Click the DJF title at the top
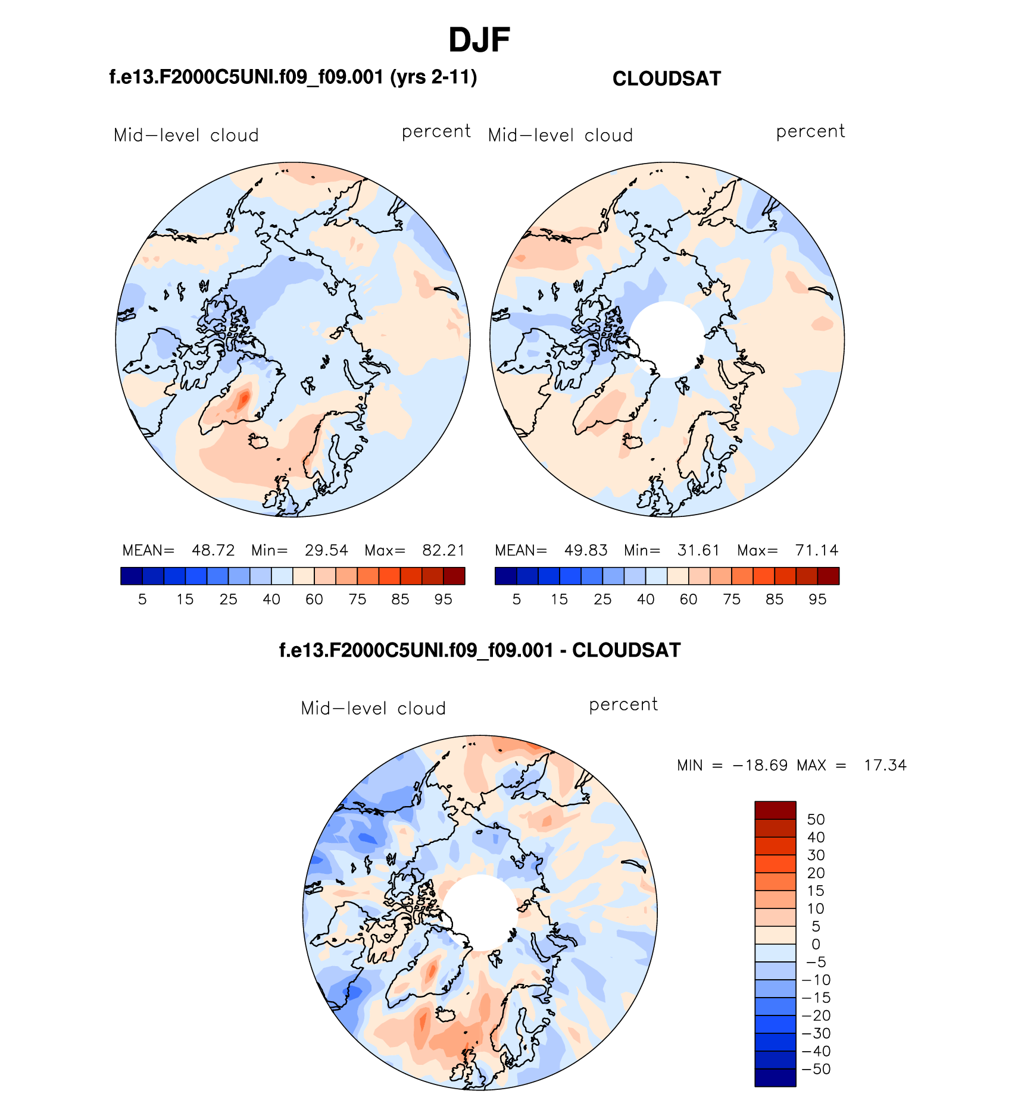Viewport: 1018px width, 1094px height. tap(479, 40)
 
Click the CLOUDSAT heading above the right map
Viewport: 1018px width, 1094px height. tap(666, 79)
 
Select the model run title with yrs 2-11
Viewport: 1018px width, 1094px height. tap(293, 77)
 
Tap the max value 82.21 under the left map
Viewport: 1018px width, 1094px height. tap(444, 550)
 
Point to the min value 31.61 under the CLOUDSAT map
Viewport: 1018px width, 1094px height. tap(698, 550)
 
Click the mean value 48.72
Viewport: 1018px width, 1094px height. tap(213, 550)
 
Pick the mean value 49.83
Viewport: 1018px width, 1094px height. tap(586, 550)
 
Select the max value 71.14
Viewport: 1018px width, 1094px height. tap(816, 550)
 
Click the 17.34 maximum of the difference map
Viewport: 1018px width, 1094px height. tap(885, 766)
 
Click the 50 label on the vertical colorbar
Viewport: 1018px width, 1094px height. tap(816, 820)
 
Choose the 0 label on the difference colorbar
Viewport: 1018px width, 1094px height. tap(816, 944)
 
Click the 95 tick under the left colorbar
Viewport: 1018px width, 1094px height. tap(444, 600)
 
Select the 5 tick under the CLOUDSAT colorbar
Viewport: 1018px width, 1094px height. tap(516, 600)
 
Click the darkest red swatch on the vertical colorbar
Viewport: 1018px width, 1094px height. tap(775, 810)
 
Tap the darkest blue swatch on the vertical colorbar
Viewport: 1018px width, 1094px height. tap(775, 1077)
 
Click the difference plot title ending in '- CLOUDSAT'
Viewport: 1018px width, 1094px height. tap(480, 650)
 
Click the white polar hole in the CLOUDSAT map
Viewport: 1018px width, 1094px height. tap(667, 338)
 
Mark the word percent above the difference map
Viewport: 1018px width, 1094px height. tap(623, 705)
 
